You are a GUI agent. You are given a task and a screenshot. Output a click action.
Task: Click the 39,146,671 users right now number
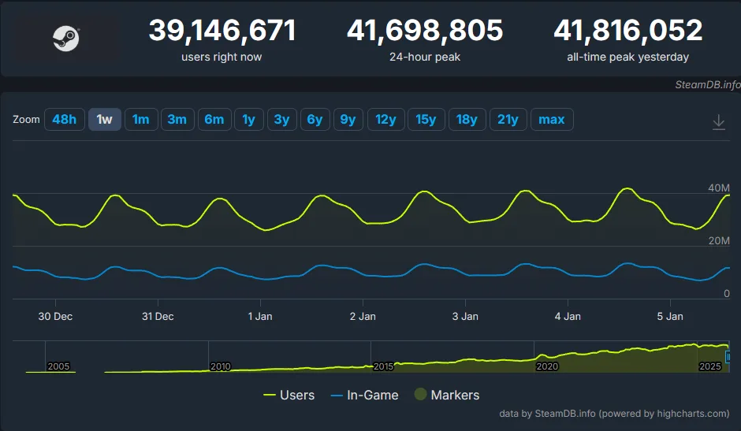pos(222,32)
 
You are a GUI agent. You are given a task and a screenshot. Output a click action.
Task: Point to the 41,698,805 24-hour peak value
pos(425,32)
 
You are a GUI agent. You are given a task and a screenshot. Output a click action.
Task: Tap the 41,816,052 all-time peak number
pos(627,32)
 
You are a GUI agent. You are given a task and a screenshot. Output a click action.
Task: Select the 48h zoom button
pos(64,120)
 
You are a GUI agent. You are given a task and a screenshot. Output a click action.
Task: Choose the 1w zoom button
pos(104,120)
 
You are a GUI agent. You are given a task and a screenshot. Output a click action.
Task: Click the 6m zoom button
pos(214,120)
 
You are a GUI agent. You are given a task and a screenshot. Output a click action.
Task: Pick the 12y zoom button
pos(385,120)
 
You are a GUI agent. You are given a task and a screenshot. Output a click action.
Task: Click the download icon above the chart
pos(718,122)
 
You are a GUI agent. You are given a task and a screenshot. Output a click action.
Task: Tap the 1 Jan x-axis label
pos(260,317)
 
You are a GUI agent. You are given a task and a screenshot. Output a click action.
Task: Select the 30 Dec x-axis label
pos(55,317)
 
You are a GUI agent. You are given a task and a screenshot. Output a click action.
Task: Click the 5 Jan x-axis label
pos(670,317)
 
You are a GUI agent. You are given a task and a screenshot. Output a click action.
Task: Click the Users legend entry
pos(289,396)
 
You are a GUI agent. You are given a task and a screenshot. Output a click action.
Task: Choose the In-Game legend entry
pos(363,396)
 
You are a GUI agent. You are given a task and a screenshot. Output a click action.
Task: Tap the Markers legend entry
pos(447,396)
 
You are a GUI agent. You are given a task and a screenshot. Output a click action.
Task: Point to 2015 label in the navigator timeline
pos(383,367)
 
